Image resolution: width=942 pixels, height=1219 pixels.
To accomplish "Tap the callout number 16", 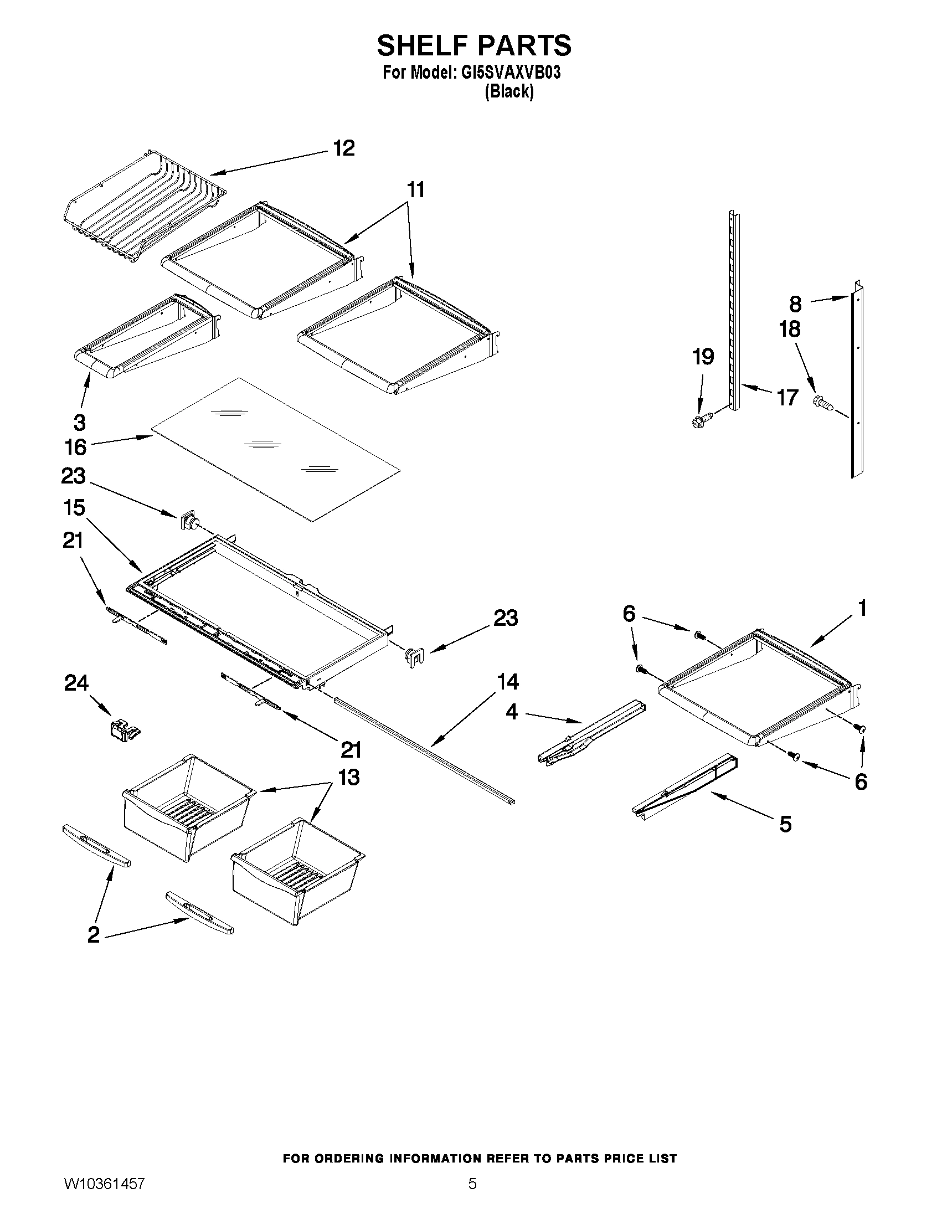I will coord(76,447).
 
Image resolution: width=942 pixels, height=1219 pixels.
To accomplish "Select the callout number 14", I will coord(508,682).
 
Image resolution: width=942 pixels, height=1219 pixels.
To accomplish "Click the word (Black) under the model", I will coord(508,91).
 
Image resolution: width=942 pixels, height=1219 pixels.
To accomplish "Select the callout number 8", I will coord(795,304).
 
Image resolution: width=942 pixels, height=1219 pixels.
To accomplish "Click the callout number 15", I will coord(74,508).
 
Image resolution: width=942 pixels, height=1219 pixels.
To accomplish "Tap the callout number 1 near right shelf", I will coord(862,608).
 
